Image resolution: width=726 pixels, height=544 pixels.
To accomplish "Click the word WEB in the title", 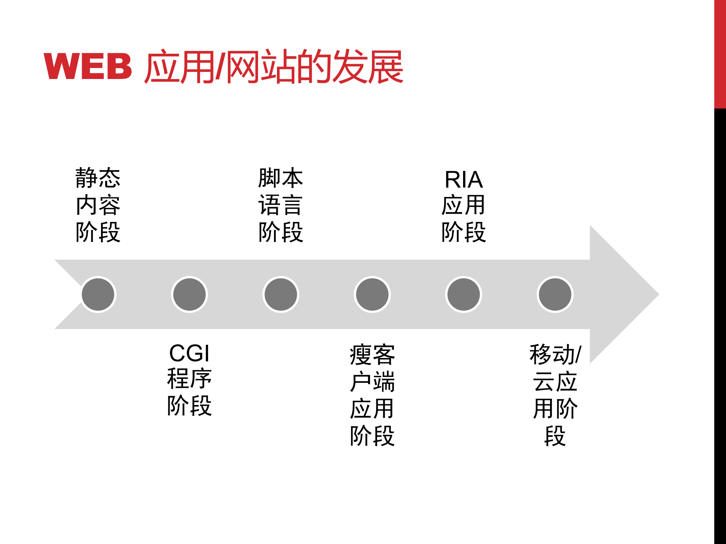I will pos(88,67).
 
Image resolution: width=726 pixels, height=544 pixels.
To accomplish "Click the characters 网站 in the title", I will pos(260,67).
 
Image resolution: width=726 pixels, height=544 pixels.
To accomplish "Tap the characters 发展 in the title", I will pos(367,67).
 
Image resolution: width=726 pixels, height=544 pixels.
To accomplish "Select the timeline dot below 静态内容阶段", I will pos(98,294).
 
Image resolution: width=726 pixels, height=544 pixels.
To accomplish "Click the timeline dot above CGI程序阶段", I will pos(190,294).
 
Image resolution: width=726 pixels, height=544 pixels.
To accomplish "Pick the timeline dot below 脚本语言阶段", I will pos(281,294).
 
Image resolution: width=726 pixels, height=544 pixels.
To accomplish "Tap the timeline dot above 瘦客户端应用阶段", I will pos(372,294).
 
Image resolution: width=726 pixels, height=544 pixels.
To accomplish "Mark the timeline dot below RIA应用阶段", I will pos(463,294).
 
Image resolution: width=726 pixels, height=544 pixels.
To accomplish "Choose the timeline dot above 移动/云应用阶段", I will pos(555,294).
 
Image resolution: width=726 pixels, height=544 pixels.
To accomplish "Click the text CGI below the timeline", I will pos(189,353).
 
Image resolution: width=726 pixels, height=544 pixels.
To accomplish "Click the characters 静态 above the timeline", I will pos(98,178).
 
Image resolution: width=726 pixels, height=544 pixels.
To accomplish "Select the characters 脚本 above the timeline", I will pos(281,178).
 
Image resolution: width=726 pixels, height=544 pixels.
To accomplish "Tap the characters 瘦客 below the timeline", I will pos(372,355).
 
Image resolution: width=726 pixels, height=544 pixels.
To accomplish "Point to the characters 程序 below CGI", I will pos(189,378).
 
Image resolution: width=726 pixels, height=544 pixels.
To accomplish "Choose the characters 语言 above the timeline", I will pos(281,205).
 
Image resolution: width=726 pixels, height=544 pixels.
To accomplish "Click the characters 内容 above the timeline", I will pos(98,205).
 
